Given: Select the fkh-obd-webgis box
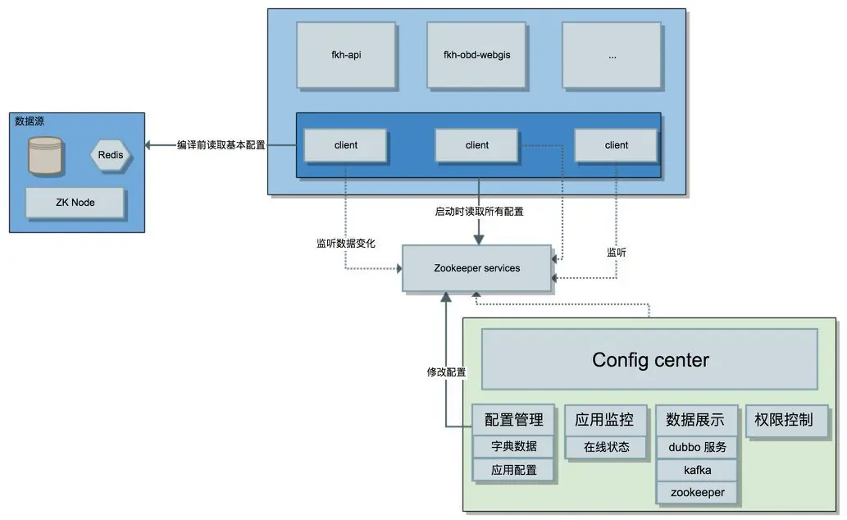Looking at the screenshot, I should click(x=477, y=54).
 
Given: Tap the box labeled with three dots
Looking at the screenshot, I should click(x=612, y=54).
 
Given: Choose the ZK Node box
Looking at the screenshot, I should click(x=75, y=203).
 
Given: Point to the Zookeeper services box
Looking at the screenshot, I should click(x=476, y=268).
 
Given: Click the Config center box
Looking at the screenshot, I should click(x=649, y=359).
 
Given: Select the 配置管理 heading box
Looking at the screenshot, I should click(x=514, y=420).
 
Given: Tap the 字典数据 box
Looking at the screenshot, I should click(x=514, y=447).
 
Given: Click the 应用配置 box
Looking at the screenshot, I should click(x=514, y=471).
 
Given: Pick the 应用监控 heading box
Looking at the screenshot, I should click(x=605, y=420).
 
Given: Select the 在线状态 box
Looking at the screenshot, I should click(x=606, y=447).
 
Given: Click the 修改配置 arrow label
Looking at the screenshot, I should click(x=446, y=372).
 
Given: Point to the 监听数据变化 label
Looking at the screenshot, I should click(x=345, y=243).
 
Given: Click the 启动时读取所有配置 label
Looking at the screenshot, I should click(x=479, y=212).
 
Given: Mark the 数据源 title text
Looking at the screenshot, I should click(x=30, y=121).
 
